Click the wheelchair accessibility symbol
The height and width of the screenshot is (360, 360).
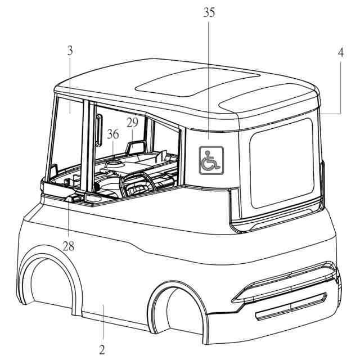(x=211, y=159)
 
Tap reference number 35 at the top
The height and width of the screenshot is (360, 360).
(x=209, y=13)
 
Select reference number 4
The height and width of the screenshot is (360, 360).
(x=341, y=53)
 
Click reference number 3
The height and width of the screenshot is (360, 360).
(x=69, y=51)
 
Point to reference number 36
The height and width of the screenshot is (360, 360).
(x=113, y=134)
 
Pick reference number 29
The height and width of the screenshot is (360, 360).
(x=132, y=122)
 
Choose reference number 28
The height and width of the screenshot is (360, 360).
(x=68, y=245)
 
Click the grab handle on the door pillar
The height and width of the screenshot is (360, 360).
(x=98, y=128)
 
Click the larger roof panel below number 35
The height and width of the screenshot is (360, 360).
(x=197, y=84)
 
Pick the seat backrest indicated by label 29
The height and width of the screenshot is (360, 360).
(x=135, y=148)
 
